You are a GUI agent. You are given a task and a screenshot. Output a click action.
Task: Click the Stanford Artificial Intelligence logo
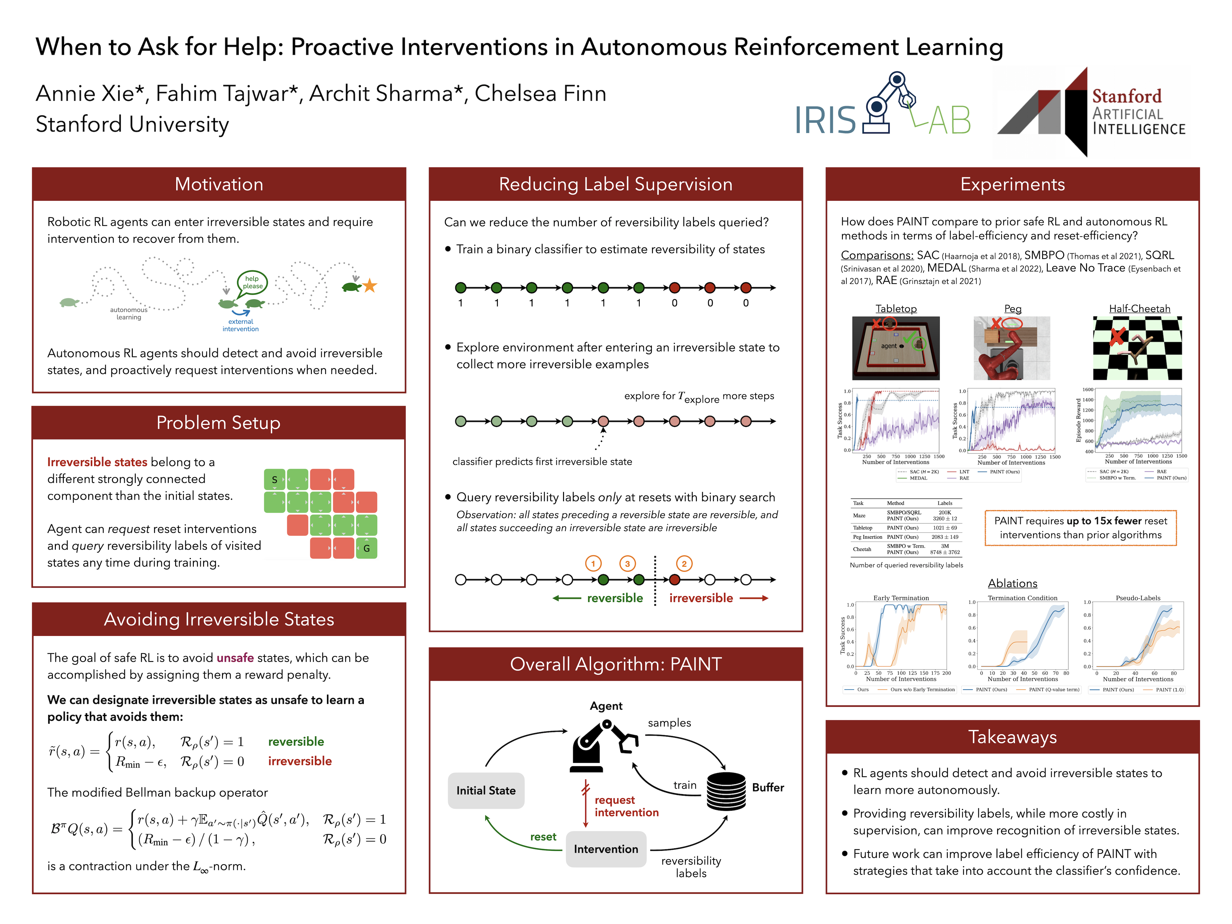coord(1092,111)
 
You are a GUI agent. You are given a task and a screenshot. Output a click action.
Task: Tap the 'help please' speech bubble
coord(252,282)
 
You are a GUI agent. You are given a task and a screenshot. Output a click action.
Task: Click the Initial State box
coord(486,790)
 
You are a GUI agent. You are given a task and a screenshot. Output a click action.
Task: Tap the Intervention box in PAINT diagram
coord(606,849)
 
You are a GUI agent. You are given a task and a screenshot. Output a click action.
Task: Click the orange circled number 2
coord(684,564)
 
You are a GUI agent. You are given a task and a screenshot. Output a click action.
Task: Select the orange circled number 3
coord(627,564)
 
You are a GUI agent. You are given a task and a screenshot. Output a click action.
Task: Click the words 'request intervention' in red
coord(626,806)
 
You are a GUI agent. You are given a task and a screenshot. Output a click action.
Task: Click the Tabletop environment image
coord(895,348)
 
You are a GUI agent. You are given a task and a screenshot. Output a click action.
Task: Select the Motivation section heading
coord(219,184)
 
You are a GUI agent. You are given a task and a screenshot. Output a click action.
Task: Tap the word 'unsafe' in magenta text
coord(235,658)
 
